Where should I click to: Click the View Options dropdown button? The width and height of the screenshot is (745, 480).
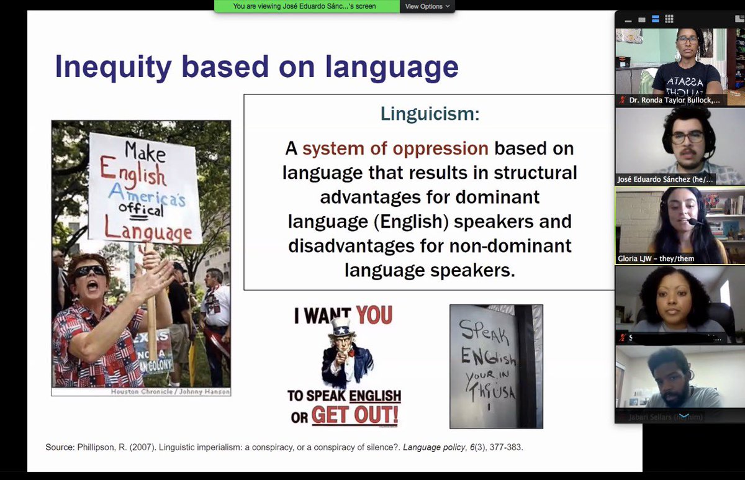click(x=428, y=6)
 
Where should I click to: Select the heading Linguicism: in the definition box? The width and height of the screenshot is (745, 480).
click(x=430, y=114)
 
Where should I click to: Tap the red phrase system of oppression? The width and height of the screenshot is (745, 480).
click(x=395, y=149)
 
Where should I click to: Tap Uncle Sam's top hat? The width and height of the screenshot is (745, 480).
click(x=340, y=327)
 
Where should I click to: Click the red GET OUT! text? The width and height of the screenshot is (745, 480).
click(x=354, y=415)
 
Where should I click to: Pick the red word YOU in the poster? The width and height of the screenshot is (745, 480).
click(x=374, y=316)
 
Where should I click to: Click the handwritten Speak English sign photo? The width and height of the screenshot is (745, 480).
click(x=495, y=366)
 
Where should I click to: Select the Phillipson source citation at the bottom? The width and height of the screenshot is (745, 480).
click(x=284, y=447)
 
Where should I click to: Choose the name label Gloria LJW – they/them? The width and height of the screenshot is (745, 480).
click(x=656, y=258)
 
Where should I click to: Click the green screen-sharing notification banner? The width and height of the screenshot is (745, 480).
click(x=307, y=6)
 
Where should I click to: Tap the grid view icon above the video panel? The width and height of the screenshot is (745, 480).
click(x=669, y=19)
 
